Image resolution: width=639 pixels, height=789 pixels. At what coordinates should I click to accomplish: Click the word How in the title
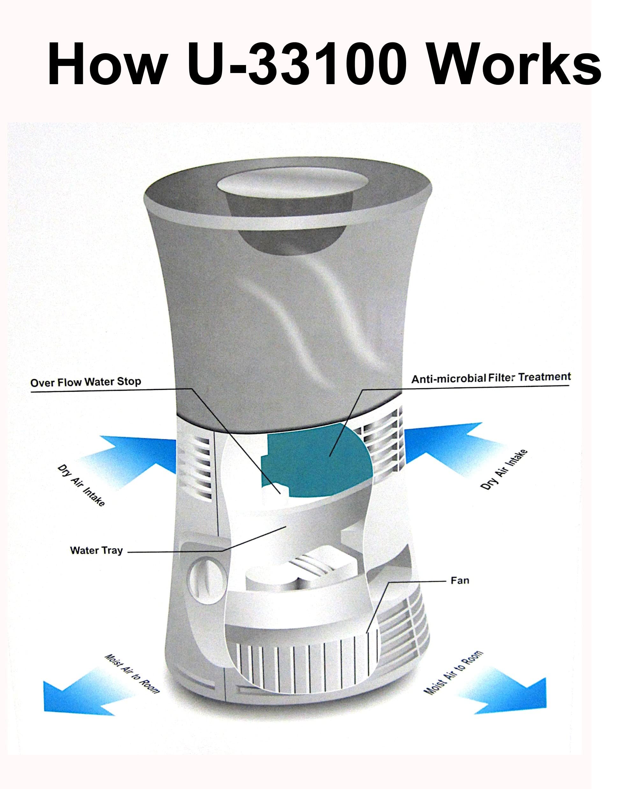(107, 64)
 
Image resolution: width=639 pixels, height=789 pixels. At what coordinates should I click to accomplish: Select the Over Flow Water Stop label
(85, 382)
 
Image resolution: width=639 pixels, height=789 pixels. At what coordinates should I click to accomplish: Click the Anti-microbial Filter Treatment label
(491, 378)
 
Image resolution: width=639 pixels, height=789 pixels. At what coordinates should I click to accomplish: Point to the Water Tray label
(96, 551)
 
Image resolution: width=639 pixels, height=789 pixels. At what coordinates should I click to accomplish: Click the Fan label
(460, 581)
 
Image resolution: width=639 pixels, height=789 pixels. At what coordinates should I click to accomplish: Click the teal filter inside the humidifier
(316, 460)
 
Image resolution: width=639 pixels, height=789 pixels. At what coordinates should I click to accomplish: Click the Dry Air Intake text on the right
(504, 470)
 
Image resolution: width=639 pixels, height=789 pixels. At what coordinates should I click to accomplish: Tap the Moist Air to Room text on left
(133, 674)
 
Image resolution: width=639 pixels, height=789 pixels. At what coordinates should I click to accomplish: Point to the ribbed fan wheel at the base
(306, 663)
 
